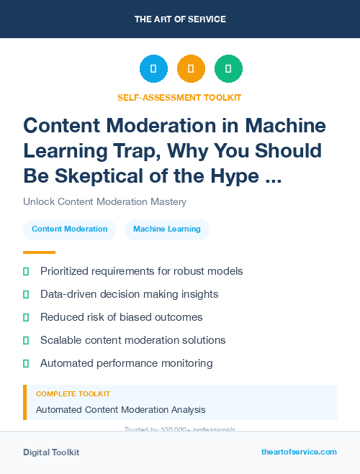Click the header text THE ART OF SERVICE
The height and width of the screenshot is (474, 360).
point(179,19)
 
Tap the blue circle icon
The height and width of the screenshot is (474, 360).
point(153,68)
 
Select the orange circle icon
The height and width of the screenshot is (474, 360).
point(191,68)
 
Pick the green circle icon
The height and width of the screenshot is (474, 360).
point(228,68)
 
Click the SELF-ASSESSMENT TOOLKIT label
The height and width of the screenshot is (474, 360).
point(179,97)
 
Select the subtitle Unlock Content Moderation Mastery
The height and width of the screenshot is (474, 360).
point(105,201)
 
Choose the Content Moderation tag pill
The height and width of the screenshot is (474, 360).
point(70,229)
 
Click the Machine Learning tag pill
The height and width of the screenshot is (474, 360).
point(167,229)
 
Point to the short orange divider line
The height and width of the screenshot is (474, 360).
point(39,252)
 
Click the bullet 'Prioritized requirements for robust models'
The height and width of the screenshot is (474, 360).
point(141,271)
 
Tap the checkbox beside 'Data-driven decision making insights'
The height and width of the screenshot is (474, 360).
point(26,294)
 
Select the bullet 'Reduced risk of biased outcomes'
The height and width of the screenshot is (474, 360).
point(121,317)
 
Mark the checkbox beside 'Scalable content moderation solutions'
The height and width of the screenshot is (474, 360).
point(26,340)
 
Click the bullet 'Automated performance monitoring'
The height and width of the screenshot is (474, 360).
point(126,363)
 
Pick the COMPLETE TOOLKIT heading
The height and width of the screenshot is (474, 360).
point(73,394)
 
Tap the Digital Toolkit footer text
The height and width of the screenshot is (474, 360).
point(51,452)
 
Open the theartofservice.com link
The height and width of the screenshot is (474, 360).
point(299,452)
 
